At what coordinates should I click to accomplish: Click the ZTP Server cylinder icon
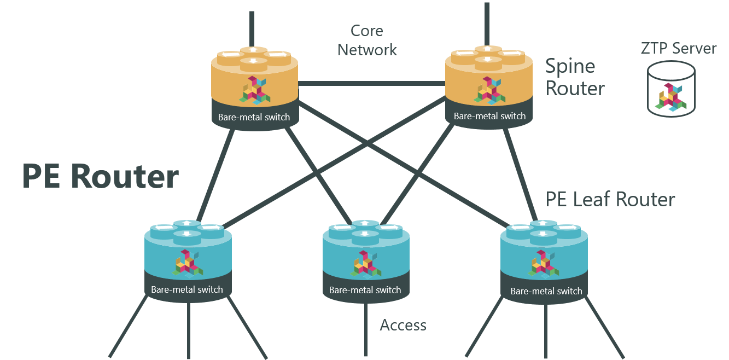[671, 89]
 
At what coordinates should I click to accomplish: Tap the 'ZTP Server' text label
[678, 49]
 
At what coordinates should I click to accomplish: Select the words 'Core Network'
[367, 40]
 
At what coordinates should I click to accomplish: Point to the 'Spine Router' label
[575, 77]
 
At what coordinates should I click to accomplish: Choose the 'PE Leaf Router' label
[610, 200]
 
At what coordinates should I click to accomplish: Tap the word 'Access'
[403, 326]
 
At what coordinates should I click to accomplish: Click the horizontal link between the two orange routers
[372, 84]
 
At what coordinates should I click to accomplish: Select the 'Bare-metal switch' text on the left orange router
[254, 117]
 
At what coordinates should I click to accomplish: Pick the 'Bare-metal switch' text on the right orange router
[489, 116]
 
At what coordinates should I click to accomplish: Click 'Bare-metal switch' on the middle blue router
[365, 291]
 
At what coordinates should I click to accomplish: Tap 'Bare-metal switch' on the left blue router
[187, 289]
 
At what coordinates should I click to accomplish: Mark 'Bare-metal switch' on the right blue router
[546, 291]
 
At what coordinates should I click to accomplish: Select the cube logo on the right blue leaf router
[544, 263]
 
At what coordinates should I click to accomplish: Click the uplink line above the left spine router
[252, 27]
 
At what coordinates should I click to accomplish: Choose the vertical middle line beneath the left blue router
[189, 328]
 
